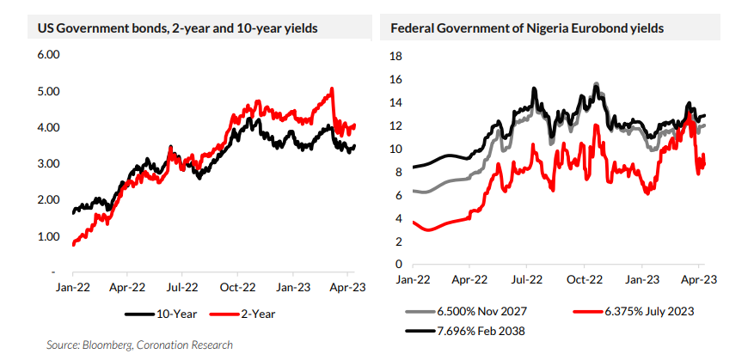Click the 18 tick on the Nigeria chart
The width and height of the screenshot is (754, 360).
click(x=396, y=57)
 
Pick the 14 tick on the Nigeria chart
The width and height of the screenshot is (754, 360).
click(x=396, y=103)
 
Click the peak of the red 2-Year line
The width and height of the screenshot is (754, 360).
click(x=332, y=88)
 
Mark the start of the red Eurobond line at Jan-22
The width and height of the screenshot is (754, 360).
click(x=414, y=222)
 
